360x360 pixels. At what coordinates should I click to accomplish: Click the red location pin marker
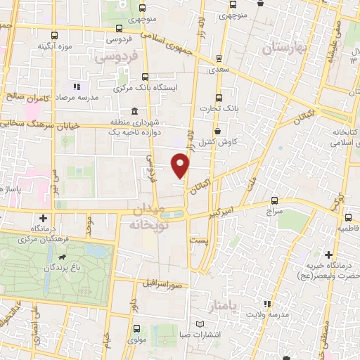click(181, 165)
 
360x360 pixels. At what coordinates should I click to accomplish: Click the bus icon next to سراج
click(274, 200)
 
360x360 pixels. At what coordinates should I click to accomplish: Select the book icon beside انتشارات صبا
click(202, 324)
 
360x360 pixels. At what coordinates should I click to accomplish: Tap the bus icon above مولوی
click(134, 328)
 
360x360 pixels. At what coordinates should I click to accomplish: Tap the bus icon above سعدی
click(218, 58)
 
